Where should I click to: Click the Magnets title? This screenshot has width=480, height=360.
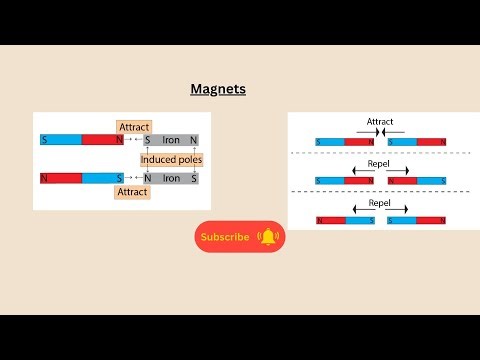218,89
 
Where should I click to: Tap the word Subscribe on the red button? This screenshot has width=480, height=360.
225,237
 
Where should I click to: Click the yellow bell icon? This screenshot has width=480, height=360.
267,237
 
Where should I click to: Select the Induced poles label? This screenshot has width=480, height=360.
170,159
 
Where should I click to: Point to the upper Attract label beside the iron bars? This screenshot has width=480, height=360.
133,127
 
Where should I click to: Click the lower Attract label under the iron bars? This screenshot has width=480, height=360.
133,190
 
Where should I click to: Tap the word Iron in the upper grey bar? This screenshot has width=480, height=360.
171,140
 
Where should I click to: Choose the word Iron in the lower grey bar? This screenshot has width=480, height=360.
171,178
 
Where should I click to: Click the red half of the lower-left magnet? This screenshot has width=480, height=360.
62,178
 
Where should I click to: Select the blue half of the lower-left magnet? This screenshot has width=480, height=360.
100,178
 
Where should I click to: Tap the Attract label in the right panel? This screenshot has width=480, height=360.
380,122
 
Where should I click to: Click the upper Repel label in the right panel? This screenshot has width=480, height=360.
379,162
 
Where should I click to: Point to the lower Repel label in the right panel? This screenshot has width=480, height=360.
379,202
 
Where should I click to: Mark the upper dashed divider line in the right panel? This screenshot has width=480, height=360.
380,153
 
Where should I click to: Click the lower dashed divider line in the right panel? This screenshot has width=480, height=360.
380,191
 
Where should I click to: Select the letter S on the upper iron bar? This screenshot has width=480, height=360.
148,140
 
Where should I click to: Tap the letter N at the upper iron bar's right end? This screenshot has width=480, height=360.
194,140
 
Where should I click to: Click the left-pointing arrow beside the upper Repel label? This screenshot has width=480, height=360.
356,170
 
